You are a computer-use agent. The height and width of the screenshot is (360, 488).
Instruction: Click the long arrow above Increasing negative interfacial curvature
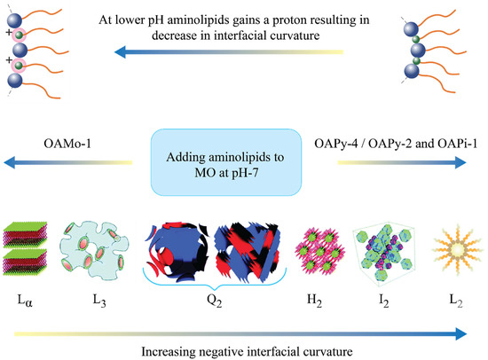pos(240,333)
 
